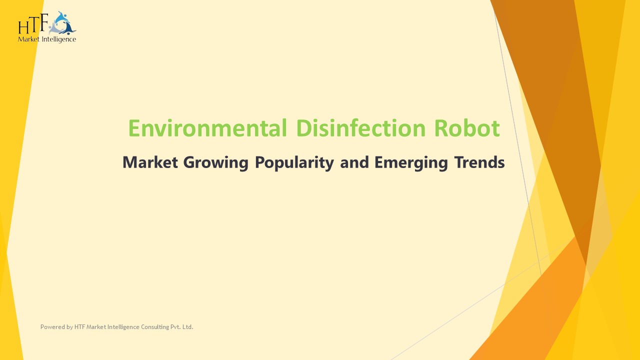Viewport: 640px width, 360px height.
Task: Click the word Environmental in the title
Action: point(207,128)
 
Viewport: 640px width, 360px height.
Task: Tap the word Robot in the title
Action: point(466,128)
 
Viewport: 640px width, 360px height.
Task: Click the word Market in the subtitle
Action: point(150,162)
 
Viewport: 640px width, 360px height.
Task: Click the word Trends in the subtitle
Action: point(479,162)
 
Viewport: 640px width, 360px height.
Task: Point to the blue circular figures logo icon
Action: point(63,23)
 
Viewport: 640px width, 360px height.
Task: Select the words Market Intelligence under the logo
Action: point(47,39)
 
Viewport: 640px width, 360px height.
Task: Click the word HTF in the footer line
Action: point(79,327)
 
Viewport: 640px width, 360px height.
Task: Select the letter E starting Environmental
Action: point(134,128)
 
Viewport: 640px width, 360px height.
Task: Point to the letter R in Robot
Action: point(440,128)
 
